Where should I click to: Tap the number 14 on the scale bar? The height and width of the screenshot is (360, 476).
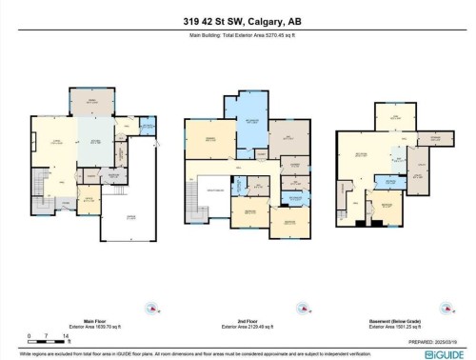[x=66, y=336]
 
